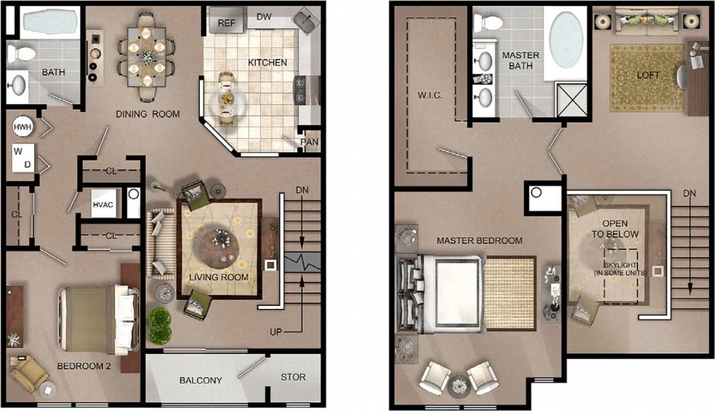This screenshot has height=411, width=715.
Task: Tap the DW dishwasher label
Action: [x=264, y=17]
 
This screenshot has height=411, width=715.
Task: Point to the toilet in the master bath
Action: [x=487, y=23]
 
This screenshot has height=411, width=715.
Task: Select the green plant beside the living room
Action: [x=160, y=326]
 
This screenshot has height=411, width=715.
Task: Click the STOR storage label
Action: [x=293, y=377]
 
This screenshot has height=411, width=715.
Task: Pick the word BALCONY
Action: [x=200, y=380]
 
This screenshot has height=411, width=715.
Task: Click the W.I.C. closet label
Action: [x=429, y=95]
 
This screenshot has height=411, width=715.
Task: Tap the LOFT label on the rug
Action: [x=648, y=75]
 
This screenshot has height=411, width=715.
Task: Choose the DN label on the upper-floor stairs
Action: [x=689, y=194]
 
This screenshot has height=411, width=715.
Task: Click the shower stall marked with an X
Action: [x=572, y=100]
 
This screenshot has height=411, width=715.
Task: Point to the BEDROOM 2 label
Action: [x=84, y=366]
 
